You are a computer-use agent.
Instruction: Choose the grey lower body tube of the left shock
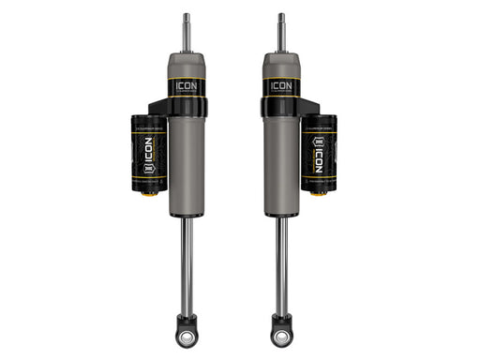pos(187,169)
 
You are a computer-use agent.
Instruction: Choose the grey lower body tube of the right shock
pos(280,169)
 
